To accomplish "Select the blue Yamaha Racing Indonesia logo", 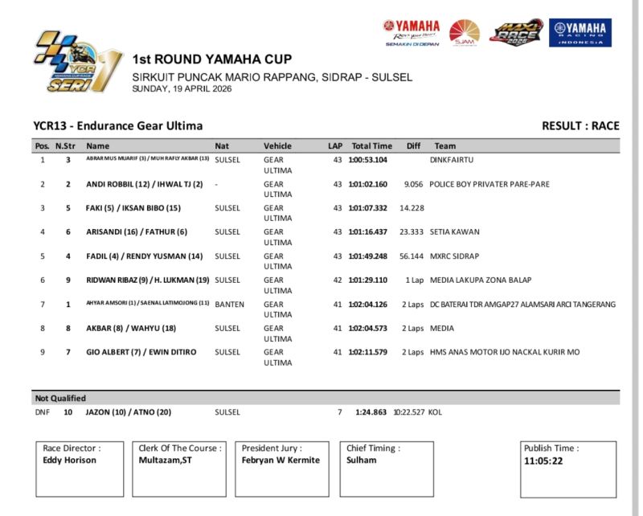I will coord(580,33).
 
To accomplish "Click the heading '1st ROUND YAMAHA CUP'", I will coord(211,59).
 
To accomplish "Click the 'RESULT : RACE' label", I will coord(580,125).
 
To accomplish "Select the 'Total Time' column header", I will coord(371,146).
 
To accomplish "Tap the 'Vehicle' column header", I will coord(277,146).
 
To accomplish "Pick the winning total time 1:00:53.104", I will coord(368,160).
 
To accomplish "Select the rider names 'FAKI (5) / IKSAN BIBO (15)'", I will coord(133,208).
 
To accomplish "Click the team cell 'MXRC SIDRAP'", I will coord(455,256).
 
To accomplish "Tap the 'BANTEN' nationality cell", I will coord(229,305).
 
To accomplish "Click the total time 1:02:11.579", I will coord(368,352).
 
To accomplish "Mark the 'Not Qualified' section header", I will coord(59,398).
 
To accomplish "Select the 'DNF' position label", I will coord(42,412).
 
